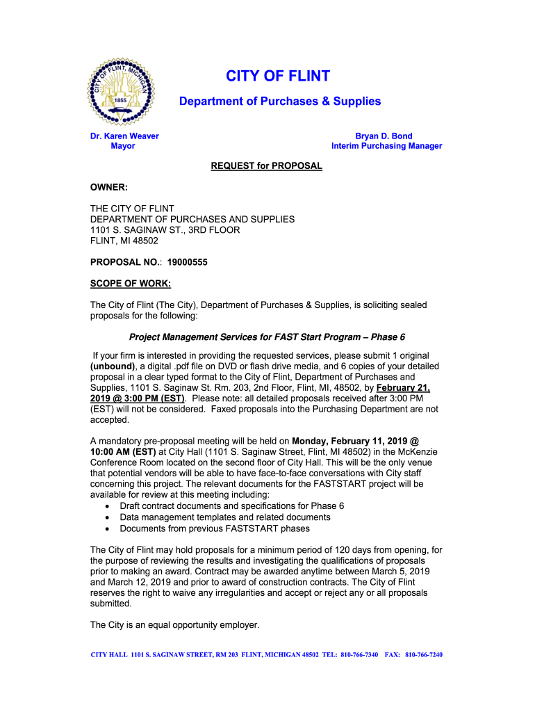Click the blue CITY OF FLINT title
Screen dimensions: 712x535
pyautogui.click(x=278, y=76)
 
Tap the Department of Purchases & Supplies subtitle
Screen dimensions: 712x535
pyautogui.click(x=280, y=102)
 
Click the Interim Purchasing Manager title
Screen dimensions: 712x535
pyautogui.click(x=386, y=146)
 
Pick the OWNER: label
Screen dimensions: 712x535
pyautogui.click(x=110, y=187)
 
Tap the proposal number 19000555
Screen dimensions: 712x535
pyautogui.click(x=187, y=262)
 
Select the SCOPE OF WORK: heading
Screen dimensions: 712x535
pyautogui.click(x=131, y=284)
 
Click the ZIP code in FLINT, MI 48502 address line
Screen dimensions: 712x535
pyautogui.click(x=144, y=241)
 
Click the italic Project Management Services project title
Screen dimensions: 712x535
pyautogui.click(x=267, y=337)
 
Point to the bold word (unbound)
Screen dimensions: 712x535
pyautogui.click(x=115, y=366)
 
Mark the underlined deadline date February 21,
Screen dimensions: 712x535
pyautogui.click(x=403, y=388)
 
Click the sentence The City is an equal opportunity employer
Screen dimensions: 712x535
pyautogui.click(x=174, y=625)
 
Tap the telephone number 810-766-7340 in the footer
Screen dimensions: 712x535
pyautogui.click(x=359, y=655)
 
